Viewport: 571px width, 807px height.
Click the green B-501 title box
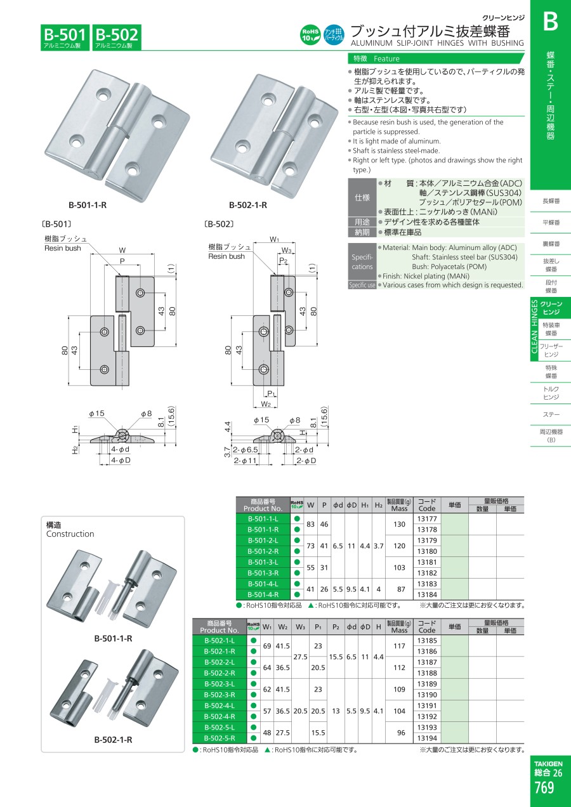pyautogui.click(x=65, y=37)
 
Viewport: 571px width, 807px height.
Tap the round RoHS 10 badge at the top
pyautogui.click(x=310, y=35)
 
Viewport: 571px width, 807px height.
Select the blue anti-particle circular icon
pyautogui.click(x=334, y=35)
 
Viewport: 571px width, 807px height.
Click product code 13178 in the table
pyautogui.click(x=427, y=529)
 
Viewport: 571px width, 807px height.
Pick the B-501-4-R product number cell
pyautogui.click(x=263, y=594)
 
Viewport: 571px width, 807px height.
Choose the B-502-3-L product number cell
pyautogui.click(x=220, y=684)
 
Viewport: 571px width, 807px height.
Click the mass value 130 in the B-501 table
pyautogui.click(x=399, y=524)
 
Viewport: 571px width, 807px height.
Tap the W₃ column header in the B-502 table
pyautogui.click(x=300, y=627)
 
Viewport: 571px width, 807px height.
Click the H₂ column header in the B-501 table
pyautogui.click(x=378, y=505)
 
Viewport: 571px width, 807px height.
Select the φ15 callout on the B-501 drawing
pyautogui.click(x=96, y=413)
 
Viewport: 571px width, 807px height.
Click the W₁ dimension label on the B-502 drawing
pyautogui.click(x=274, y=239)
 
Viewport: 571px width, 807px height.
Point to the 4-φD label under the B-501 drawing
pyautogui.click(x=121, y=460)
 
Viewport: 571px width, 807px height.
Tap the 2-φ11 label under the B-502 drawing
pyautogui.click(x=245, y=461)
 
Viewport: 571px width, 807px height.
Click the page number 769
pyautogui.click(x=544, y=787)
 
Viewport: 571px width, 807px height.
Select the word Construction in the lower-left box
pyautogui.click(x=70, y=534)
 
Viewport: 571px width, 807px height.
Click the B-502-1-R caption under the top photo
pyautogui.click(x=248, y=205)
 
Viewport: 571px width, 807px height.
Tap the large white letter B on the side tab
pyautogui.click(x=551, y=22)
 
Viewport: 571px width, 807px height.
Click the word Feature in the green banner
pyautogui.click(x=386, y=59)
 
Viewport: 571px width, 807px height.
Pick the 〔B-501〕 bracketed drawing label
pyautogui.click(x=57, y=224)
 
